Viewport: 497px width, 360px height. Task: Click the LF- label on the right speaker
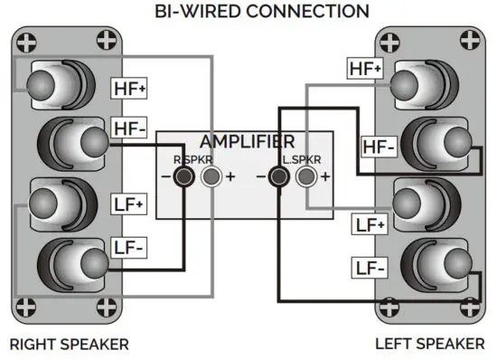[x=127, y=247]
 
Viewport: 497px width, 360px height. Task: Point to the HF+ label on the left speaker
[x=364, y=68]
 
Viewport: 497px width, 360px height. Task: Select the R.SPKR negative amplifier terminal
[x=183, y=176]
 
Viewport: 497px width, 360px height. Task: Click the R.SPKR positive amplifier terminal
[x=210, y=176]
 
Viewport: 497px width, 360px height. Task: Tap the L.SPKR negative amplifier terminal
[x=279, y=176]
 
